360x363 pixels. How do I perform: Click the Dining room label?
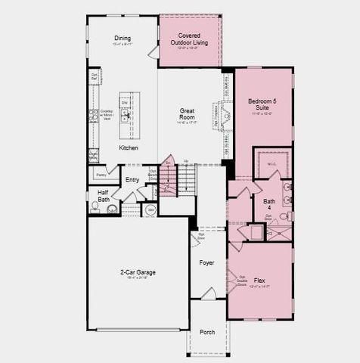coord(123,38)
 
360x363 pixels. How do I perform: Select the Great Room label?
coord(187,115)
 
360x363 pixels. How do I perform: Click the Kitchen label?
coord(129,148)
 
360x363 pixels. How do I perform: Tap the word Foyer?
coord(206,262)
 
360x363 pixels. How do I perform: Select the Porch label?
coord(206,332)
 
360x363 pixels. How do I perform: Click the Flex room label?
coord(260,278)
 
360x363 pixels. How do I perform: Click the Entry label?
coord(132,179)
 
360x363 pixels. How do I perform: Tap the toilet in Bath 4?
coord(284,216)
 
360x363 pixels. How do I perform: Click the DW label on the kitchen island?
coord(125,102)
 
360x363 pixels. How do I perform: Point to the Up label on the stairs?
coord(186,161)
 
